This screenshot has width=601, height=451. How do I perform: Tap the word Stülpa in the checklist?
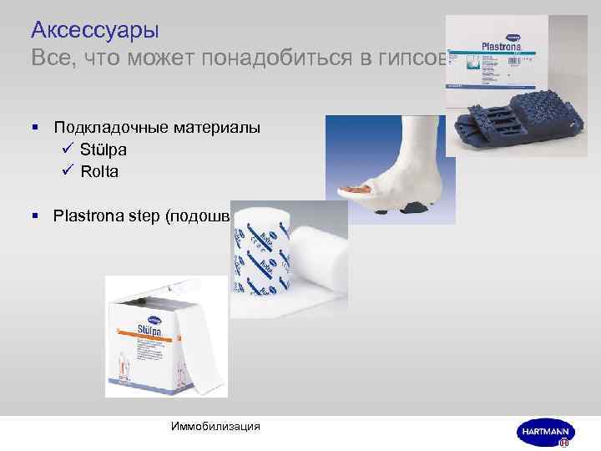(x=104, y=149)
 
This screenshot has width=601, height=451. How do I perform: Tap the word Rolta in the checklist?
(x=99, y=172)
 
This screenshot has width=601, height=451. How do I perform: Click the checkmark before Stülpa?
(x=69, y=149)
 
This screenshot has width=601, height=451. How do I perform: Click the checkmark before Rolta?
(x=69, y=172)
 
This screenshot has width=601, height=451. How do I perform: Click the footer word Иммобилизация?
(x=215, y=427)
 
